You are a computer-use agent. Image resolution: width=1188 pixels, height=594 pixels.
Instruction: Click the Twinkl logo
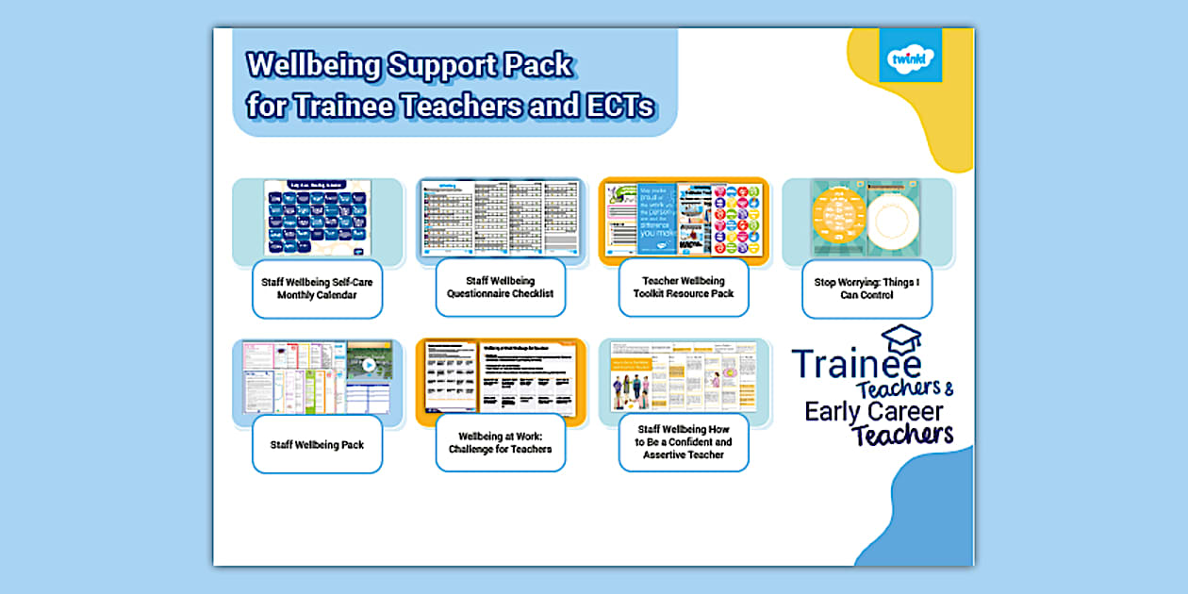[910, 56]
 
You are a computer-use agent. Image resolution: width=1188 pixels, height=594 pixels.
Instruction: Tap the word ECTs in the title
[619, 106]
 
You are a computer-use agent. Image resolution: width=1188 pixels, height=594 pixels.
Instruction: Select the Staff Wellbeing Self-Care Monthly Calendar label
[317, 289]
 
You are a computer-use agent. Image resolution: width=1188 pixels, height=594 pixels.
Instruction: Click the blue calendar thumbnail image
[315, 218]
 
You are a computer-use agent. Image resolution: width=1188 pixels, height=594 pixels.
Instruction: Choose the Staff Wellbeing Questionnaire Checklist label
[500, 288]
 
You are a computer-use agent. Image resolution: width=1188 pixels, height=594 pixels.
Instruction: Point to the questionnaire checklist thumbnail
[499, 218]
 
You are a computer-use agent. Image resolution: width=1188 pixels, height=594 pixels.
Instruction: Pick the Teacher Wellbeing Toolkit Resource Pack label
[683, 288]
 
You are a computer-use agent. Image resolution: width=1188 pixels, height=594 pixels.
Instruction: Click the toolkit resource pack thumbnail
[683, 218]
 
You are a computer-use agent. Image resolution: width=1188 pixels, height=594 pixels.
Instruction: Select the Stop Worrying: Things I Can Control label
[866, 289]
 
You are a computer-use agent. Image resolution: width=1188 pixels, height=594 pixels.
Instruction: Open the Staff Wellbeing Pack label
[317, 445]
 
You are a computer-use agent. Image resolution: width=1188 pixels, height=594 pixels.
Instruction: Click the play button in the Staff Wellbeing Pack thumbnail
[369, 365]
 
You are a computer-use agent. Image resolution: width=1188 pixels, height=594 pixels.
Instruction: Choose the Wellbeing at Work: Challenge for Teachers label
[500, 443]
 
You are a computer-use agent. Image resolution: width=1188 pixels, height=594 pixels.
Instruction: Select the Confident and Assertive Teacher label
[683, 442]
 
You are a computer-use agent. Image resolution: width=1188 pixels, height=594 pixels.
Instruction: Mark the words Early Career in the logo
[873, 411]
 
